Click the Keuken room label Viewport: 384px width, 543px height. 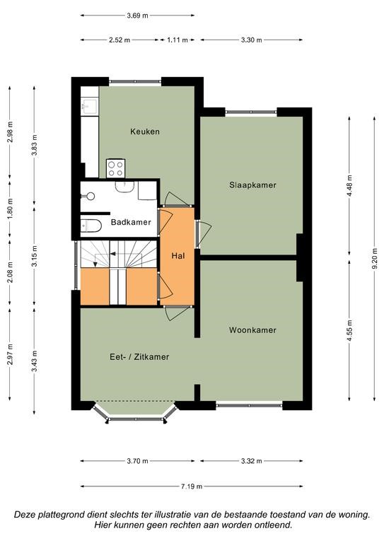click(145, 132)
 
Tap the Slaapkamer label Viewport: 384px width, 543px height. click(252, 185)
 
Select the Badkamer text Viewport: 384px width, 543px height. click(132, 223)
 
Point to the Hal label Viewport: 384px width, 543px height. click(179, 255)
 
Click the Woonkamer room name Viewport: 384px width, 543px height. click(252, 330)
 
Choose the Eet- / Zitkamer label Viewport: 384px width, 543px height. click(139, 357)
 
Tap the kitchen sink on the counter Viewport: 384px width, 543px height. click(89, 106)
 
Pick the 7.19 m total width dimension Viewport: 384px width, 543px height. click(192, 486)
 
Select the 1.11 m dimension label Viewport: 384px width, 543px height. click(178, 40)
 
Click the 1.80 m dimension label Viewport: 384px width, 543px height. click(10, 211)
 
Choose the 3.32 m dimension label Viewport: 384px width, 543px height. click(251, 461)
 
